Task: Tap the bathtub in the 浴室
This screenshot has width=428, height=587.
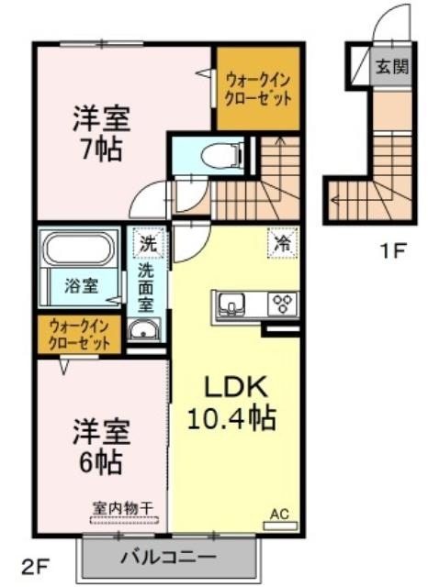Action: (80, 249)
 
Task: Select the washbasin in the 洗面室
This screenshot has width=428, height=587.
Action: (144, 330)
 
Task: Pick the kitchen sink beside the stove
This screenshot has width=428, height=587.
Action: (232, 303)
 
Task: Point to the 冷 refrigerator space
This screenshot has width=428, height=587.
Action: (283, 243)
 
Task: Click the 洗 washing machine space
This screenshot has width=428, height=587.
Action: (148, 243)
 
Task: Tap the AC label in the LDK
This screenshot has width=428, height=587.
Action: (280, 514)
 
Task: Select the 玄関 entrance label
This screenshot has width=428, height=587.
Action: (392, 67)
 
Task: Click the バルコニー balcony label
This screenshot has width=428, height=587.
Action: (168, 557)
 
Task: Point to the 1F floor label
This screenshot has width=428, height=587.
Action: (393, 250)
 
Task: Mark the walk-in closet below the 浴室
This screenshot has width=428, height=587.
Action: (80, 334)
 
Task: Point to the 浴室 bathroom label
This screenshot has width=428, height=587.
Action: (82, 286)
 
